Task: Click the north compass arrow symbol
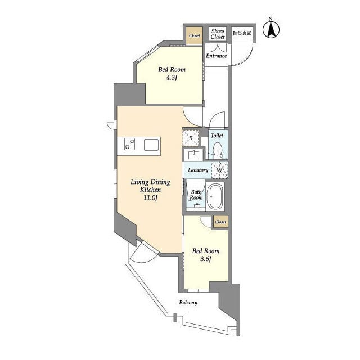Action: tap(271, 29)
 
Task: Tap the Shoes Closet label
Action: tap(218, 34)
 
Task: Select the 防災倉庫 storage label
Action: tap(242, 33)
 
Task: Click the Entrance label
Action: tap(216, 56)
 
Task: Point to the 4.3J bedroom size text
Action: tap(172, 78)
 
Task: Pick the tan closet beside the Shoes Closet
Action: tap(194, 35)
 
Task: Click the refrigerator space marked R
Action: tap(191, 138)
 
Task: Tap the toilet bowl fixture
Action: tap(218, 150)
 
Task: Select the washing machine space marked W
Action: tap(220, 170)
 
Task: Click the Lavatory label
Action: tap(198, 170)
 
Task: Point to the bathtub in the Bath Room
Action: tap(215, 196)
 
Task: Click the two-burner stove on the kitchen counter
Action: tap(129, 144)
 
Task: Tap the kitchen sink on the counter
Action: tap(151, 145)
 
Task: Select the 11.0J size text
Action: tap(150, 197)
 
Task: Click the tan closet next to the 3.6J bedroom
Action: tap(220, 222)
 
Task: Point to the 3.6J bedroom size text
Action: tap(206, 259)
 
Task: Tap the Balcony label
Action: tap(188, 303)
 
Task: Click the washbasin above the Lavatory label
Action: tap(193, 155)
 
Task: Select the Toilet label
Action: tap(217, 136)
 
